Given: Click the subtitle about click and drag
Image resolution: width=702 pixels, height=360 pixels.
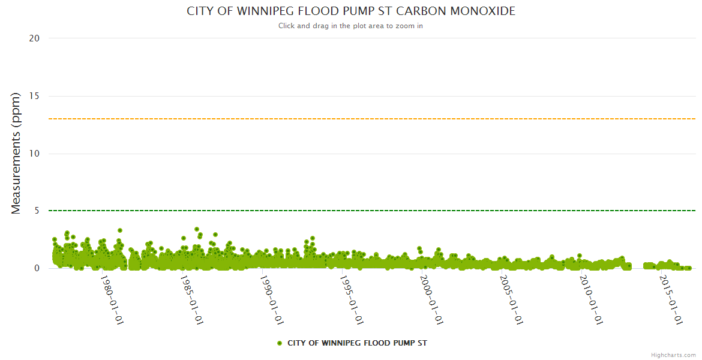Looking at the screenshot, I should click(x=350, y=26).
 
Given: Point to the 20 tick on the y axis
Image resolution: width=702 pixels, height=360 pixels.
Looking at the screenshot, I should click(x=34, y=38).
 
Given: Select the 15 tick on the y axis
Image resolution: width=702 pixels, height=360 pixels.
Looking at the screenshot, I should click(x=34, y=96).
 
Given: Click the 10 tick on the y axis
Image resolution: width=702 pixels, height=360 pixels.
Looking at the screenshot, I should click(x=34, y=154).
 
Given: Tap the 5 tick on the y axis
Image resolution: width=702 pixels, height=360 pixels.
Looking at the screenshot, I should click(x=37, y=211).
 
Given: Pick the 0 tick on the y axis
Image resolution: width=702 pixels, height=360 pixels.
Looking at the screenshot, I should click(x=37, y=268).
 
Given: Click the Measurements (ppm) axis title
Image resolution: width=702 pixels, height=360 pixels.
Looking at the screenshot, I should click(x=16, y=153).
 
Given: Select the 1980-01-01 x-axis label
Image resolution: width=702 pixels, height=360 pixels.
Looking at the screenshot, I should click(x=112, y=300).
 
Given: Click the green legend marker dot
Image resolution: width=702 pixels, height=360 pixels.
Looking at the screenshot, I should click(x=280, y=343).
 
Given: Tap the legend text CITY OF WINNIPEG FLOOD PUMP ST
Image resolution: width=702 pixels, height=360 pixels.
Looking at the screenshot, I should click(x=357, y=343).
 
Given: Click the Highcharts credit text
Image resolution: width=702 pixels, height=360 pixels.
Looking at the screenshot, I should click(x=673, y=355).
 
